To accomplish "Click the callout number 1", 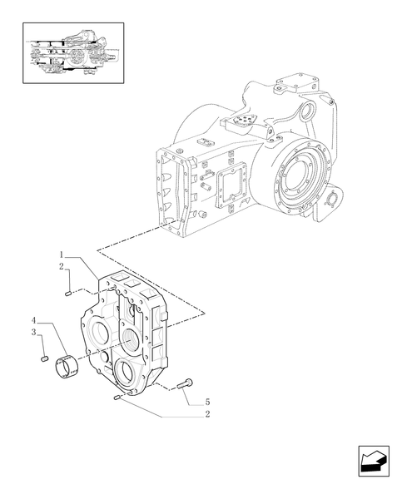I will (62, 253).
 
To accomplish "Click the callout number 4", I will (34, 320).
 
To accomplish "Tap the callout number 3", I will (34, 332).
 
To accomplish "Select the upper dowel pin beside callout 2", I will (67, 291).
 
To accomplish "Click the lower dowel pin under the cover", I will (118, 398).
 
